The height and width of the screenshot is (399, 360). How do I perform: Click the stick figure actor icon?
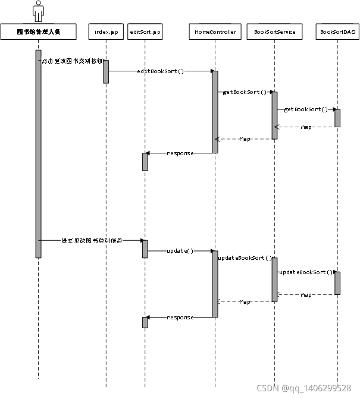click(x=38, y=11)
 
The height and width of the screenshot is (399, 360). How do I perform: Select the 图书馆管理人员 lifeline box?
click(x=39, y=32)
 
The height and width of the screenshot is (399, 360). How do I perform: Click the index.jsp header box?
click(x=105, y=32)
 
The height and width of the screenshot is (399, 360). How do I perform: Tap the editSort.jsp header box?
click(x=145, y=32)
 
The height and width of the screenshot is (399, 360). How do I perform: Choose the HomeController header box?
click(x=215, y=32)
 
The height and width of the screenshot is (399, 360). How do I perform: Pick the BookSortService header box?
click(x=274, y=32)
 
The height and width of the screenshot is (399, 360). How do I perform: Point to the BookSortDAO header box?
click(x=337, y=32)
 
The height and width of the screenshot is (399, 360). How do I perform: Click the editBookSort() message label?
click(x=161, y=71)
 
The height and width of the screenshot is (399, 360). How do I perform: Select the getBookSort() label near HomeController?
click(x=244, y=92)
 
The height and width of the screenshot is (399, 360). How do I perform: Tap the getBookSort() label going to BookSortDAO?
click(x=306, y=109)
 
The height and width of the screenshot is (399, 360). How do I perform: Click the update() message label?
click(x=180, y=251)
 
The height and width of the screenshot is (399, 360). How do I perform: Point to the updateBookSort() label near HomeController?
click(x=245, y=259)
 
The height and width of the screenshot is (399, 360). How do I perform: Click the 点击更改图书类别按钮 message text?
click(x=73, y=61)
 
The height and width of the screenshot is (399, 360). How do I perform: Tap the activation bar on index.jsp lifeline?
click(x=106, y=71)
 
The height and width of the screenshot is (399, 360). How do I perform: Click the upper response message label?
click(x=180, y=153)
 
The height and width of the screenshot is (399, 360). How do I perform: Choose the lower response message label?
click(x=180, y=318)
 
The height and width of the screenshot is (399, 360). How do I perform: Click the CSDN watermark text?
click(x=303, y=388)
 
